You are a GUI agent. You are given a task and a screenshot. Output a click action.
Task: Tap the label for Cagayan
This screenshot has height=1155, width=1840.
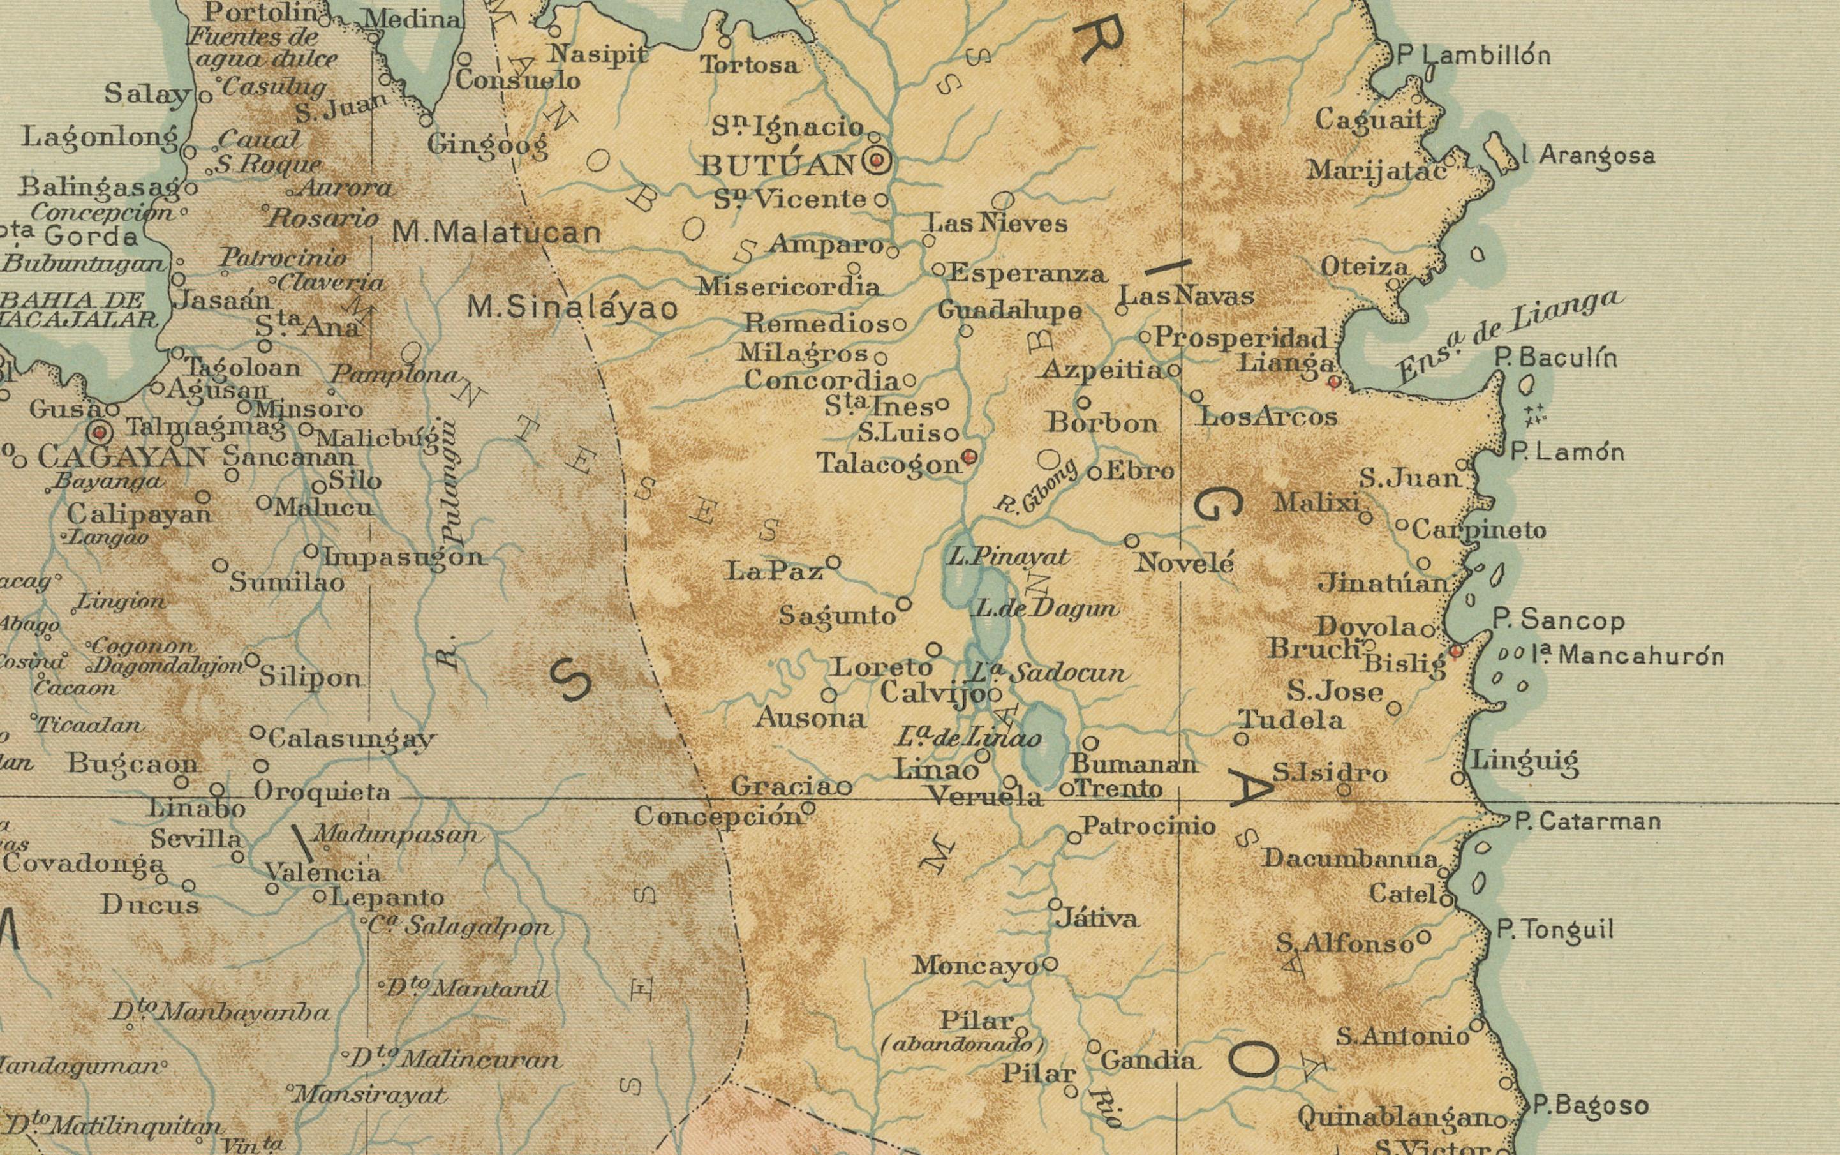pyautogui.click(x=122, y=458)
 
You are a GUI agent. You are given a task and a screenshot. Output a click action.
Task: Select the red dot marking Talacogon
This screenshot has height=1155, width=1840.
pyautogui.click(x=969, y=457)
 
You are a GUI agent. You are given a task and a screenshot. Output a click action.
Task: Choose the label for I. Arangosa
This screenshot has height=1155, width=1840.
pyautogui.click(x=1588, y=155)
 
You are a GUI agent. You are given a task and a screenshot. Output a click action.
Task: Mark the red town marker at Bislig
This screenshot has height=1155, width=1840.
pyautogui.click(x=1457, y=651)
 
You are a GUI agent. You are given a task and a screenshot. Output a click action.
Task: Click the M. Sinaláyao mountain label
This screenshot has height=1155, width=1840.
pyautogui.click(x=572, y=308)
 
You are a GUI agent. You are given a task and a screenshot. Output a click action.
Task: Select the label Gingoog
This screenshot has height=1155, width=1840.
pyautogui.click(x=488, y=144)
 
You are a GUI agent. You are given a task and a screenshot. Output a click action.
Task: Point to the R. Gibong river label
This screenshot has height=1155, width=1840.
pyautogui.click(x=1037, y=487)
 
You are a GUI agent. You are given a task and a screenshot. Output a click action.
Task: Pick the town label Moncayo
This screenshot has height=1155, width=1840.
pyautogui.click(x=976, y=965)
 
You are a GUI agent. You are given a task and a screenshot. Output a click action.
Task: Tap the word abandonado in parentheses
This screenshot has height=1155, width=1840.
pyautogui.click(x=961, y=1044)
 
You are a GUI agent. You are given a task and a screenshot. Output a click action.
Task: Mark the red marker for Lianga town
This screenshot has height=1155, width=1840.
pyautogui.click(x=1333, y=381)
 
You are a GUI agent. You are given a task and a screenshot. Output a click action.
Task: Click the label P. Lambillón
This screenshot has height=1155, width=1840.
pyautogui.click(x=1473, y=56)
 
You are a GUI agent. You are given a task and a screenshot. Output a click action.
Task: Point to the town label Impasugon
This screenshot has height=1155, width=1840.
pyautogui.click(x=403, y=557)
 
